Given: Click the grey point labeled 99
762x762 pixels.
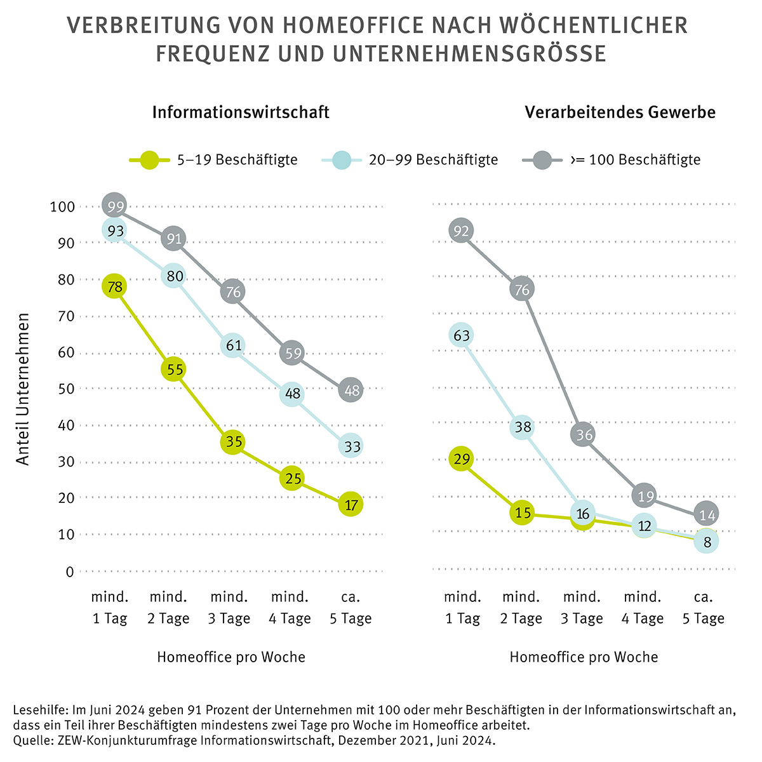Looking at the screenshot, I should (115, 206).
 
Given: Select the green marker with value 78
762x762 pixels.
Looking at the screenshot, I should (114, 286).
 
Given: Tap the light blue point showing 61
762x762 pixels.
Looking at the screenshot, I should (233, 345).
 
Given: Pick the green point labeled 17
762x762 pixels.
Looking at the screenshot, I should (351, 505).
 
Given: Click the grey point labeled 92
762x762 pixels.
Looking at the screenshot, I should (462, 231).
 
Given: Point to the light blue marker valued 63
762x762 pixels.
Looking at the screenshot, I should (462, 335).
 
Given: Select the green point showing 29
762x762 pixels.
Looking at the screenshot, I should (462, 458).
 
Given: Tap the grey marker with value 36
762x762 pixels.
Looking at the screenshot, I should (582, 434).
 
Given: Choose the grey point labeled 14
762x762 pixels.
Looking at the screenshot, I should (706, 514).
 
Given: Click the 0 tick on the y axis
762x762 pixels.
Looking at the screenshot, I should (69, 571).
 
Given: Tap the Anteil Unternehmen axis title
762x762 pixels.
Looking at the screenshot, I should (23, 389).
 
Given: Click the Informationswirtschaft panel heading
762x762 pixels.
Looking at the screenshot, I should (241, 112).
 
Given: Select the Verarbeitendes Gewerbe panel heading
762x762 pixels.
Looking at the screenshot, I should (620, 112).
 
